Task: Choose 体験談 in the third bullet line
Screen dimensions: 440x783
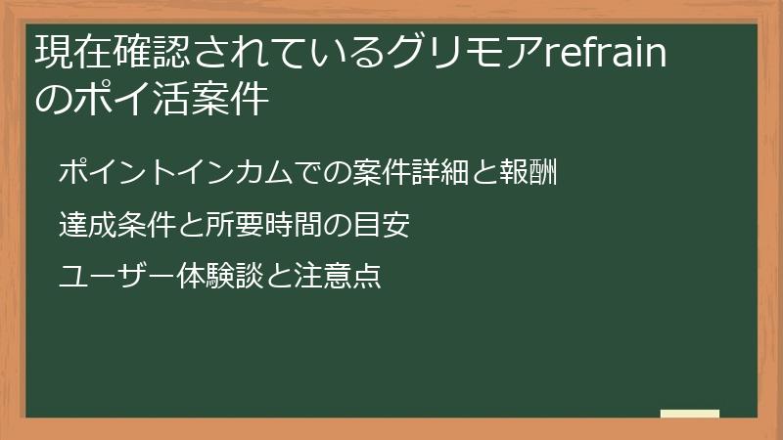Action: (214, 277)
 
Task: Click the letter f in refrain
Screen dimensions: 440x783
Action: (582, 51)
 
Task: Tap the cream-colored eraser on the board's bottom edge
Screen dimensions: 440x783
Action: (690, 414)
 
